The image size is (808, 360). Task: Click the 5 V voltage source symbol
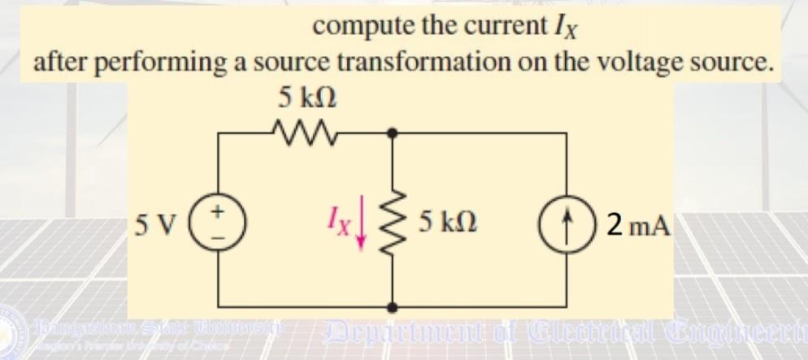point(218,220)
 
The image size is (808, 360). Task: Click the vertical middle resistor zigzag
point(393,220)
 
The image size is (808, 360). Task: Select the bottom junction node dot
point(393,307)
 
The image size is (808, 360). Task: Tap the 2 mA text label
point(638,222)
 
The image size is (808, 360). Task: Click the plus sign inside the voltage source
point(218,210)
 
